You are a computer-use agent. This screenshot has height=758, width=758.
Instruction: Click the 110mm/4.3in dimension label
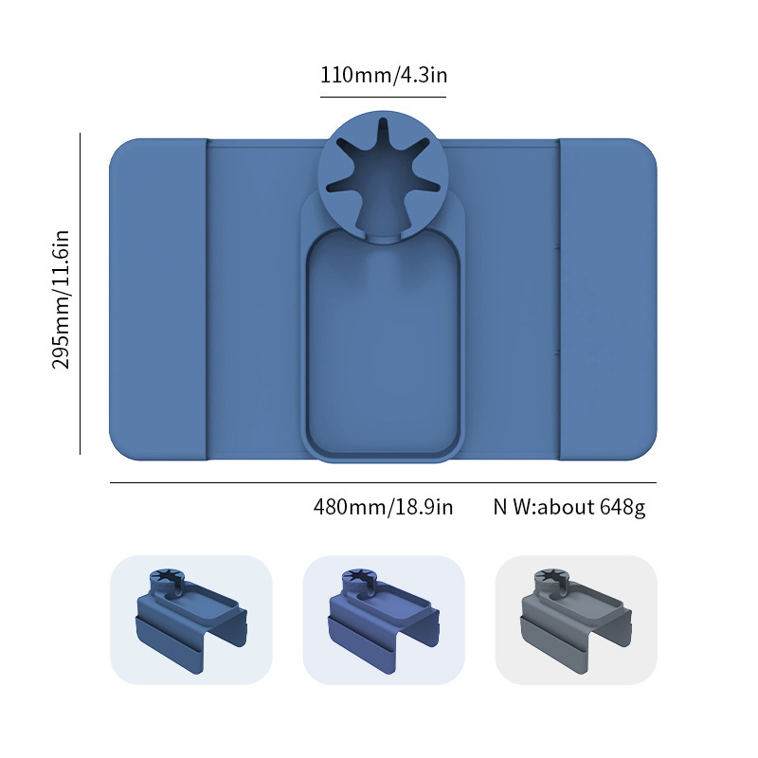tap(384, 76)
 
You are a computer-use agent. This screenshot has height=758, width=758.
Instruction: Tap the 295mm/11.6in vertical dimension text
tap(62, 299)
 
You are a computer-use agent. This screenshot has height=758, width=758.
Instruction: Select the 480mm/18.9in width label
tap(384, 507)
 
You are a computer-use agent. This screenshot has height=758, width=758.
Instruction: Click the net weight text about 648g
tap(569, 507)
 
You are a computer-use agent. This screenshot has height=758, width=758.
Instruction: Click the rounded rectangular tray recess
tap(384, 343)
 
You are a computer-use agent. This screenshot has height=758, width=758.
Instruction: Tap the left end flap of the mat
tap(158, 299)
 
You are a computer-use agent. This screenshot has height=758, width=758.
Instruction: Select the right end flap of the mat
tap(608, 299)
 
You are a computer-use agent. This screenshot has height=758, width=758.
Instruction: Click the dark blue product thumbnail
tap(191, 620)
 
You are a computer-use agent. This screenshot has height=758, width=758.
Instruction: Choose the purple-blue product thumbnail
tap(384, 620)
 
